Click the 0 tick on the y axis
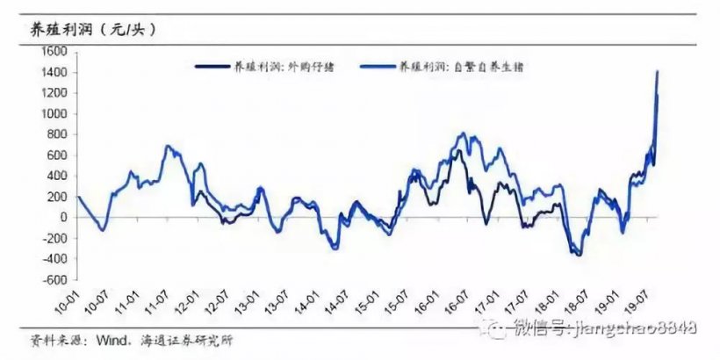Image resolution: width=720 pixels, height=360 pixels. click(x=61, y=217)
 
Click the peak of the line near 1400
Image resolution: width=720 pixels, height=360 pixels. click(x=658, y=72)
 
